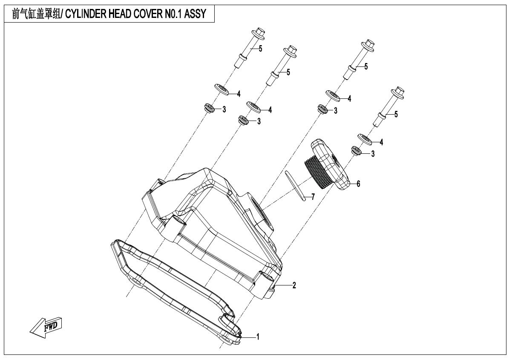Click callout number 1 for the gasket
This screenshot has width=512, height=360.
(x=258, y=337)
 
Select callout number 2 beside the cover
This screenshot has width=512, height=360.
(x=294, y=285)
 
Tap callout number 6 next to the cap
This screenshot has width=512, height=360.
(x=358, y=184)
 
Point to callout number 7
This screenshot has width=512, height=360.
(x=313, y=196)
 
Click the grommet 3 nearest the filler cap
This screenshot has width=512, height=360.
(x=356, y=150)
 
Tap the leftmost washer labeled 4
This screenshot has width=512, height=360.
(x=221, y=89)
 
